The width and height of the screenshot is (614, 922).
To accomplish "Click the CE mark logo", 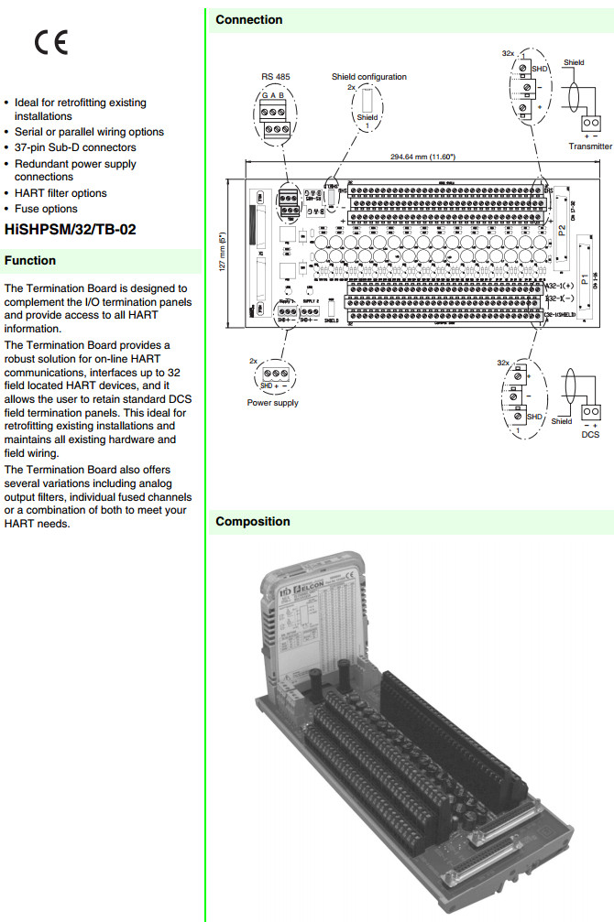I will click(51, 43).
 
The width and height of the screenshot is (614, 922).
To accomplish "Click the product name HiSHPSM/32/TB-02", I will click(71, 230).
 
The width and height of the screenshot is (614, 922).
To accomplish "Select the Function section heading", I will click(30, 261).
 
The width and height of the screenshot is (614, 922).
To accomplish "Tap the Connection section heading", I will click(249, 19).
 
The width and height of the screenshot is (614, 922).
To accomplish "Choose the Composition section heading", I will click(253, 522).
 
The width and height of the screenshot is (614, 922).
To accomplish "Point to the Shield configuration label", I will click(368, 77).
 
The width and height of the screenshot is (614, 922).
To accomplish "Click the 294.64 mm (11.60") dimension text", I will click(422, 157).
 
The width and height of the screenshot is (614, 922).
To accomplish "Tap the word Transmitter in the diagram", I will click(590, 146).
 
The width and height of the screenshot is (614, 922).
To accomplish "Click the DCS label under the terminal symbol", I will click(591, 435).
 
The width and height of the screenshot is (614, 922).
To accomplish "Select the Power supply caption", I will click(272, 403).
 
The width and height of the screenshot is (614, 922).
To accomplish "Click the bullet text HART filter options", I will click(60, 193).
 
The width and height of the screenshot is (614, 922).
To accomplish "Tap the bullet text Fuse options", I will click(46, 209).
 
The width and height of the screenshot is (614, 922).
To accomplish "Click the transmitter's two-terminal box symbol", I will click(590, 123).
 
